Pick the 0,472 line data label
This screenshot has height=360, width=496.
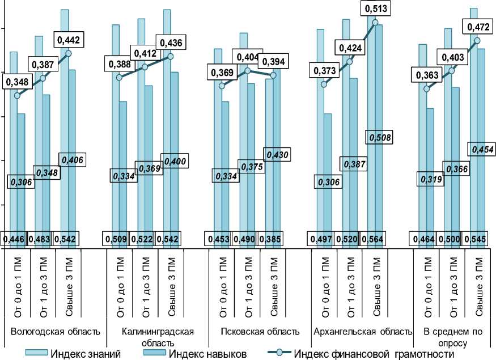(x=478, y=26)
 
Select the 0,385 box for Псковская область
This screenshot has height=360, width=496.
(x=272, y=239)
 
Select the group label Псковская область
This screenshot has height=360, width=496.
(x=259, y=331)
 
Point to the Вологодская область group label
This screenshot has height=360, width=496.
(x=52, y=331)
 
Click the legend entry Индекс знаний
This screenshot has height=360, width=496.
(x=85, y=354)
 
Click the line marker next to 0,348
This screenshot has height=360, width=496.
(x=17, y=95)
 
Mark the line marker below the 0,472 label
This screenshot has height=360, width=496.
(x=477, y=41)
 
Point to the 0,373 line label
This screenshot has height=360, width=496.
(x=323, y=70)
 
